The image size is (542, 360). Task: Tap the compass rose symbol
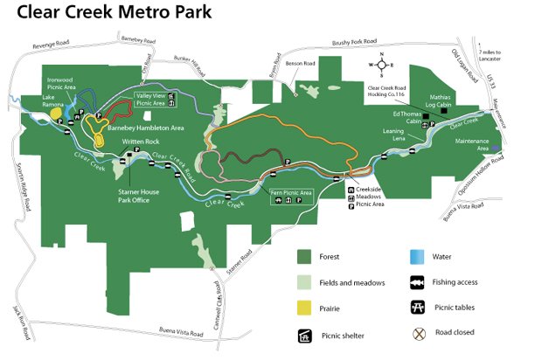click(381, 64)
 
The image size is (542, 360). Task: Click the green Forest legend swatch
click(304, 257)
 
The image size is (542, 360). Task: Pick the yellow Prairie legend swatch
click(304, 307)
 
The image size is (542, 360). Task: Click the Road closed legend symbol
click(419, 333)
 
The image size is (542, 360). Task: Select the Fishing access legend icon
click(419, 282)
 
